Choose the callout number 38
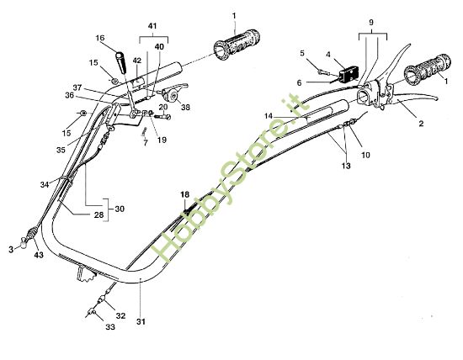click(185, 108)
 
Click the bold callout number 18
click(184, 194)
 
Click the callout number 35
click(60, 150)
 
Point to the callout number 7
click(145, 144)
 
